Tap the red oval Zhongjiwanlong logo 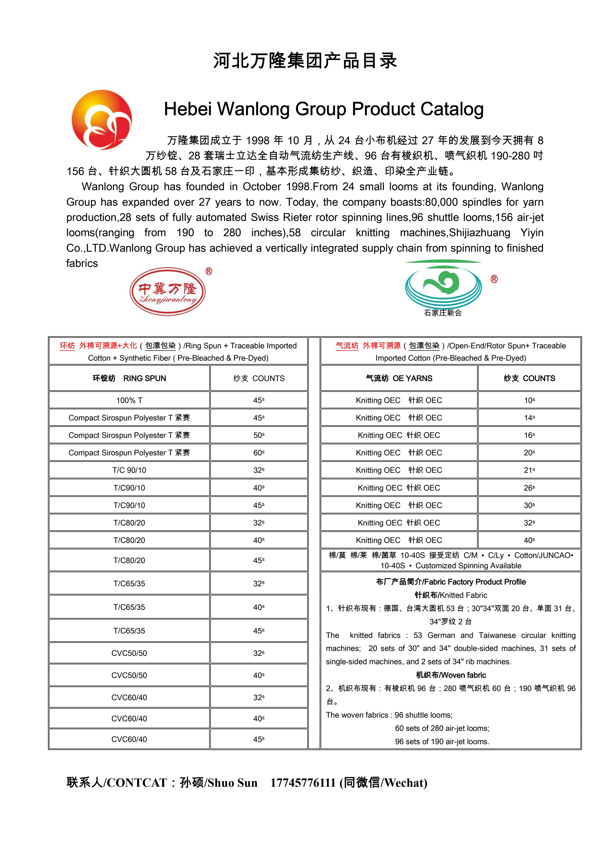(168, 291)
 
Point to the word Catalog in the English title (452, 109)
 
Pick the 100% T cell (129, 400)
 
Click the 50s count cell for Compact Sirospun (259, 435)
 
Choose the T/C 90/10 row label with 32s (129, 470)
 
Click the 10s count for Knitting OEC (529, 400)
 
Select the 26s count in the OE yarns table (529, 488)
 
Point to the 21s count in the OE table (529, 470)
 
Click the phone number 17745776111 (302, 783)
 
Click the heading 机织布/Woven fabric (451, 675)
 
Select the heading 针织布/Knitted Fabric (451, 595)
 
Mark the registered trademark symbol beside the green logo (494, 279)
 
